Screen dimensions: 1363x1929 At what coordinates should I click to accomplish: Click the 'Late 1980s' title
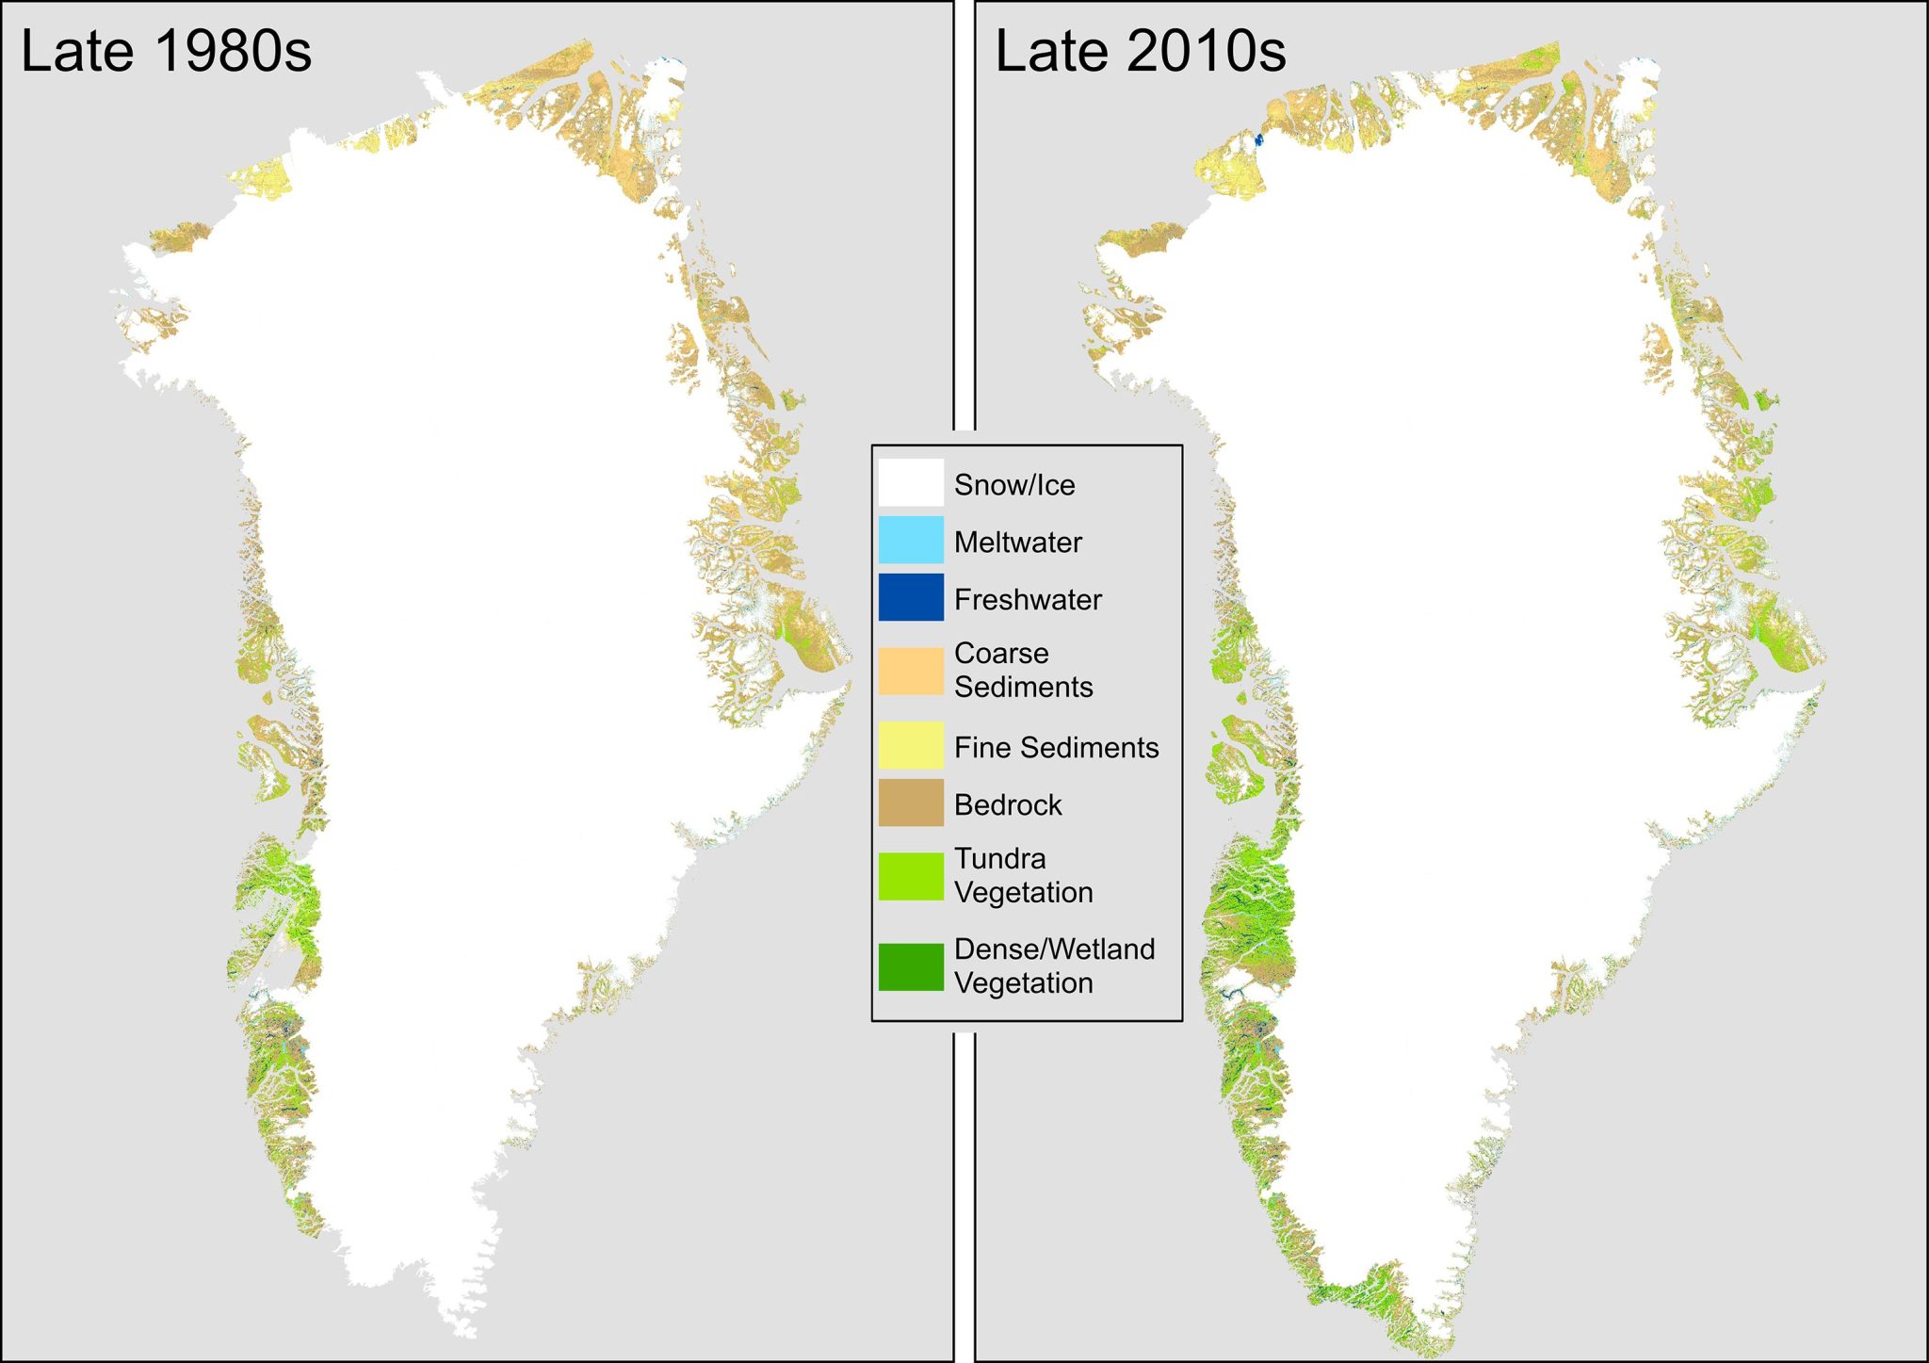[166, 51]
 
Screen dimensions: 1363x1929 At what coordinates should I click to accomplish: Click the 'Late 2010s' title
[1140, 51]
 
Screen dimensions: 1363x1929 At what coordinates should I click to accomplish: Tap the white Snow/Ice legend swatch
[911, 482]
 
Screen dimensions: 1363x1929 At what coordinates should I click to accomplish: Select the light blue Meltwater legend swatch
[911, 540]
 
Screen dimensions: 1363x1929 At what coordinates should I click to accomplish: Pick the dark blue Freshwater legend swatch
[911, 597]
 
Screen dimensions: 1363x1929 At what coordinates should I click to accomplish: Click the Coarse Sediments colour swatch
[911, 671]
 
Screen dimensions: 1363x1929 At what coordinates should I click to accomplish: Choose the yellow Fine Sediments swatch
[911, 745]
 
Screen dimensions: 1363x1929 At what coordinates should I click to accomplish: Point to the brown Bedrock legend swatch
[911, 803]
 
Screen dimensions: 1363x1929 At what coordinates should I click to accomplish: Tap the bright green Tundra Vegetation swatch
[911, 876]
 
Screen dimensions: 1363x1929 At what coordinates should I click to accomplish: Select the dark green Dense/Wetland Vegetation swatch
[911, 966]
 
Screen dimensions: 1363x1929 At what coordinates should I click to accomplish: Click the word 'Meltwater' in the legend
[1017, 543]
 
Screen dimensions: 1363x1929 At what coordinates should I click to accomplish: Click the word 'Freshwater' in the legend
[1028, 600]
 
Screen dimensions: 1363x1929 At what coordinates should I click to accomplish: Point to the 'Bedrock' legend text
[1008, 805]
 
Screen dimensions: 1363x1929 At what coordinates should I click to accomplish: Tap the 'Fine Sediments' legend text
[1056, 748]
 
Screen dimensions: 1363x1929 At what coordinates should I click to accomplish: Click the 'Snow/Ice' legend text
[1014, 485]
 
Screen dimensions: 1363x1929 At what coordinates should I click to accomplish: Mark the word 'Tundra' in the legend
[999, 859]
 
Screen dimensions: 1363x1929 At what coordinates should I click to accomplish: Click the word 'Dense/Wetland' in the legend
[1054, 949]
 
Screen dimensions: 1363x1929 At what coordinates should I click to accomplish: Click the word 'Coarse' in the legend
[1001, 654]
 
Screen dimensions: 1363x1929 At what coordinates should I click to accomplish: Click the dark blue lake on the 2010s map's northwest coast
[1258, 140]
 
